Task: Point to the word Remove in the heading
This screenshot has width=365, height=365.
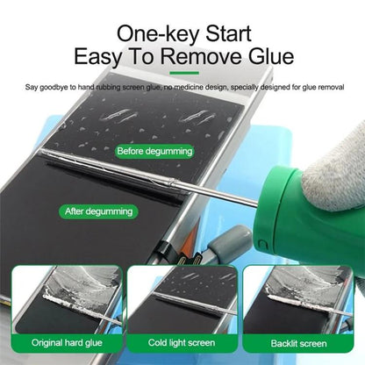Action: point(197,58)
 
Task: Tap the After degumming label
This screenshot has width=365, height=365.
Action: point(99,211)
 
